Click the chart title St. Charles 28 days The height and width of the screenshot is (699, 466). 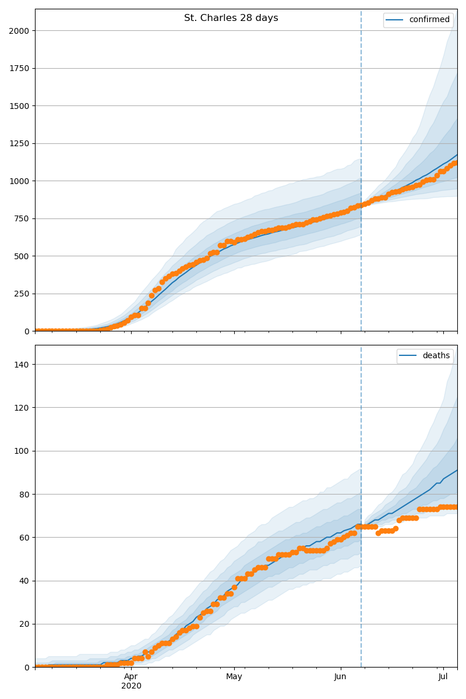231,18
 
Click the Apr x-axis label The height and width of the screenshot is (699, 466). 131,676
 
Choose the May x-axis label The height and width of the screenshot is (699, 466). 234,676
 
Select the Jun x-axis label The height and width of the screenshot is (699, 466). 341,676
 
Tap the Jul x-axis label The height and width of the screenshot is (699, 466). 443,676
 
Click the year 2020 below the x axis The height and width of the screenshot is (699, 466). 131,686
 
